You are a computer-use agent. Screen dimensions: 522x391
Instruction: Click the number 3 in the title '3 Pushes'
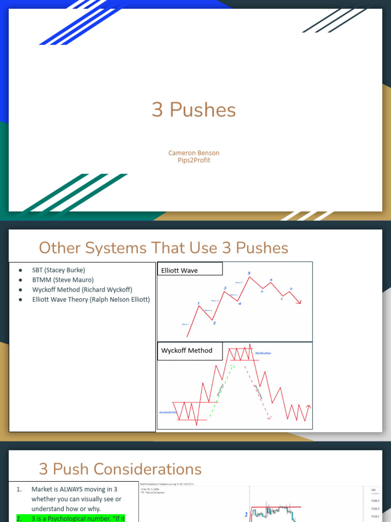[157, 110]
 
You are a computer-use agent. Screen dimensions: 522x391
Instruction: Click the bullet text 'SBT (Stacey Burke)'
[59, 270]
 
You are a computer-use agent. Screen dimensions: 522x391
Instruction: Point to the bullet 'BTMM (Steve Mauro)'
[63, 280]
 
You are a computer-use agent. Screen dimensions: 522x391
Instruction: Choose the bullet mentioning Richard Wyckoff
[82, 290]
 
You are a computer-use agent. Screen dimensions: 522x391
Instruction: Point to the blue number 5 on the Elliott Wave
[249, 274]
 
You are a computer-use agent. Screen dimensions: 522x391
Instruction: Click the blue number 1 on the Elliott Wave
[198, 304]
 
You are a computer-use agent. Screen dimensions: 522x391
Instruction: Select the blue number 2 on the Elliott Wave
[214, 323]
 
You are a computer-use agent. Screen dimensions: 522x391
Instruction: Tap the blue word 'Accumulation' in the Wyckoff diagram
[167, 412]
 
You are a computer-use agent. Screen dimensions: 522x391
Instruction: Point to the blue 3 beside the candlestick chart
[246, 515]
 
